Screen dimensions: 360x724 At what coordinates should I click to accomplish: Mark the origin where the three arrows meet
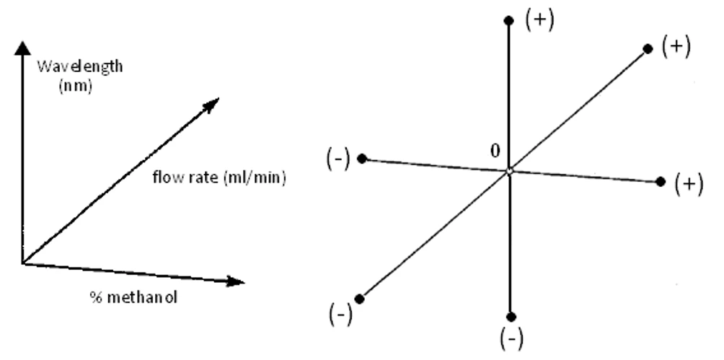tap(24, 263)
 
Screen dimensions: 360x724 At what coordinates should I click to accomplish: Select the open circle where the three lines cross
tap(509, 171)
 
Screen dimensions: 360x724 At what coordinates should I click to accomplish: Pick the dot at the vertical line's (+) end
tap(510, 21)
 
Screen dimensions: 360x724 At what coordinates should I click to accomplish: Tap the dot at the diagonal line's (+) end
tap(646, 49)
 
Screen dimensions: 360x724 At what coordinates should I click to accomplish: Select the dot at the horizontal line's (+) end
tap(661, 182)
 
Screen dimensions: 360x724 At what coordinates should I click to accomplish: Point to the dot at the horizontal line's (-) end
tap(363, 158)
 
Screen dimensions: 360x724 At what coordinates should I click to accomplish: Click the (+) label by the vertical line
tap(539, 19)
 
